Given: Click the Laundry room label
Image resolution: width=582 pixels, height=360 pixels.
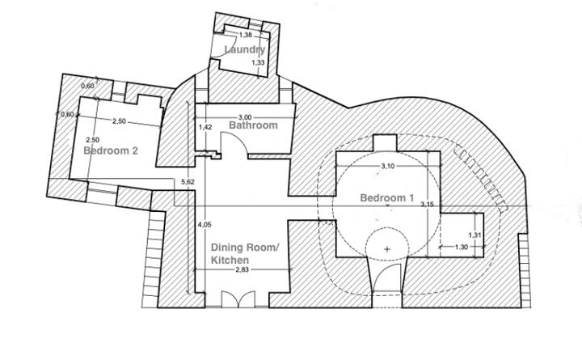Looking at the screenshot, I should click(244, 50).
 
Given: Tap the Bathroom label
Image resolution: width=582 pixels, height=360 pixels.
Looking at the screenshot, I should click(253, 125).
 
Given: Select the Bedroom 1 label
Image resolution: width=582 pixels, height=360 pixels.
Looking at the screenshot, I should click(386, 198).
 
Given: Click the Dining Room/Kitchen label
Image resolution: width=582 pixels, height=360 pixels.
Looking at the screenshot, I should click(243, 253).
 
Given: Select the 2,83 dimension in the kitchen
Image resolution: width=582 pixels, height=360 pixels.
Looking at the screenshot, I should click(242, 270).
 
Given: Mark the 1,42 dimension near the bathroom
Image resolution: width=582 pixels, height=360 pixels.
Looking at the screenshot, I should click(205, 127).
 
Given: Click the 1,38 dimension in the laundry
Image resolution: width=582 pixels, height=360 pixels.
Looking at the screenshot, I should click(245, 35).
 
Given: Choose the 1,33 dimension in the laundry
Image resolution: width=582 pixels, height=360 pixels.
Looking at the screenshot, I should click(257, 62).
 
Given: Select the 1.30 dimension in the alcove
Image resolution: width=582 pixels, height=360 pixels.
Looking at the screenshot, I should click(462, 247).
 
